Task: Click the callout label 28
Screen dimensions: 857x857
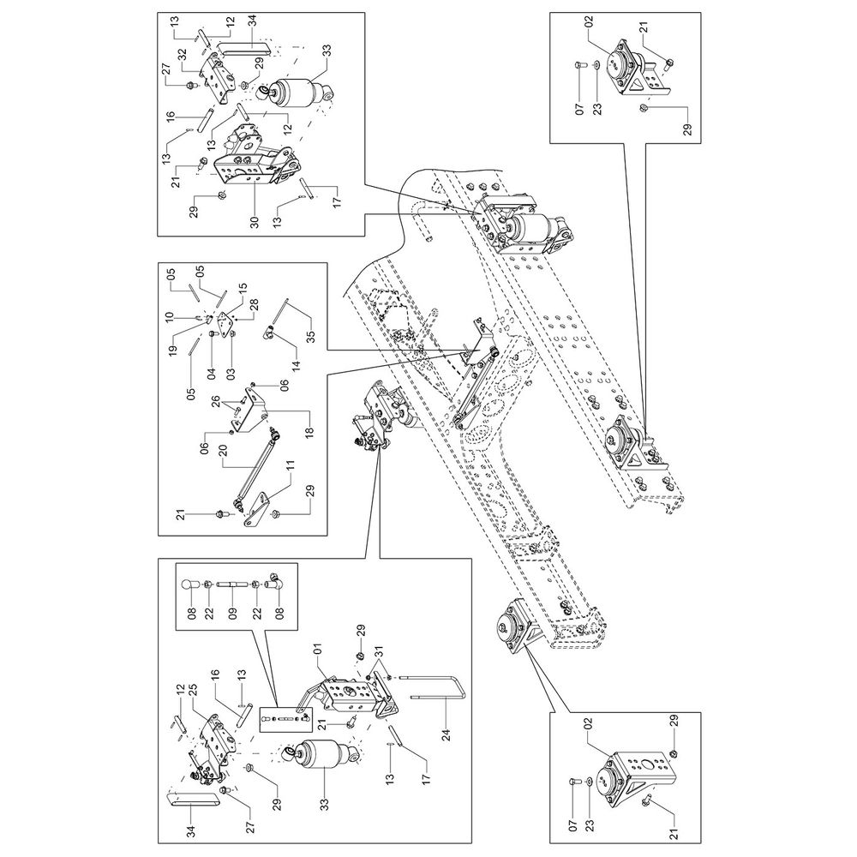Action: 253,304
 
